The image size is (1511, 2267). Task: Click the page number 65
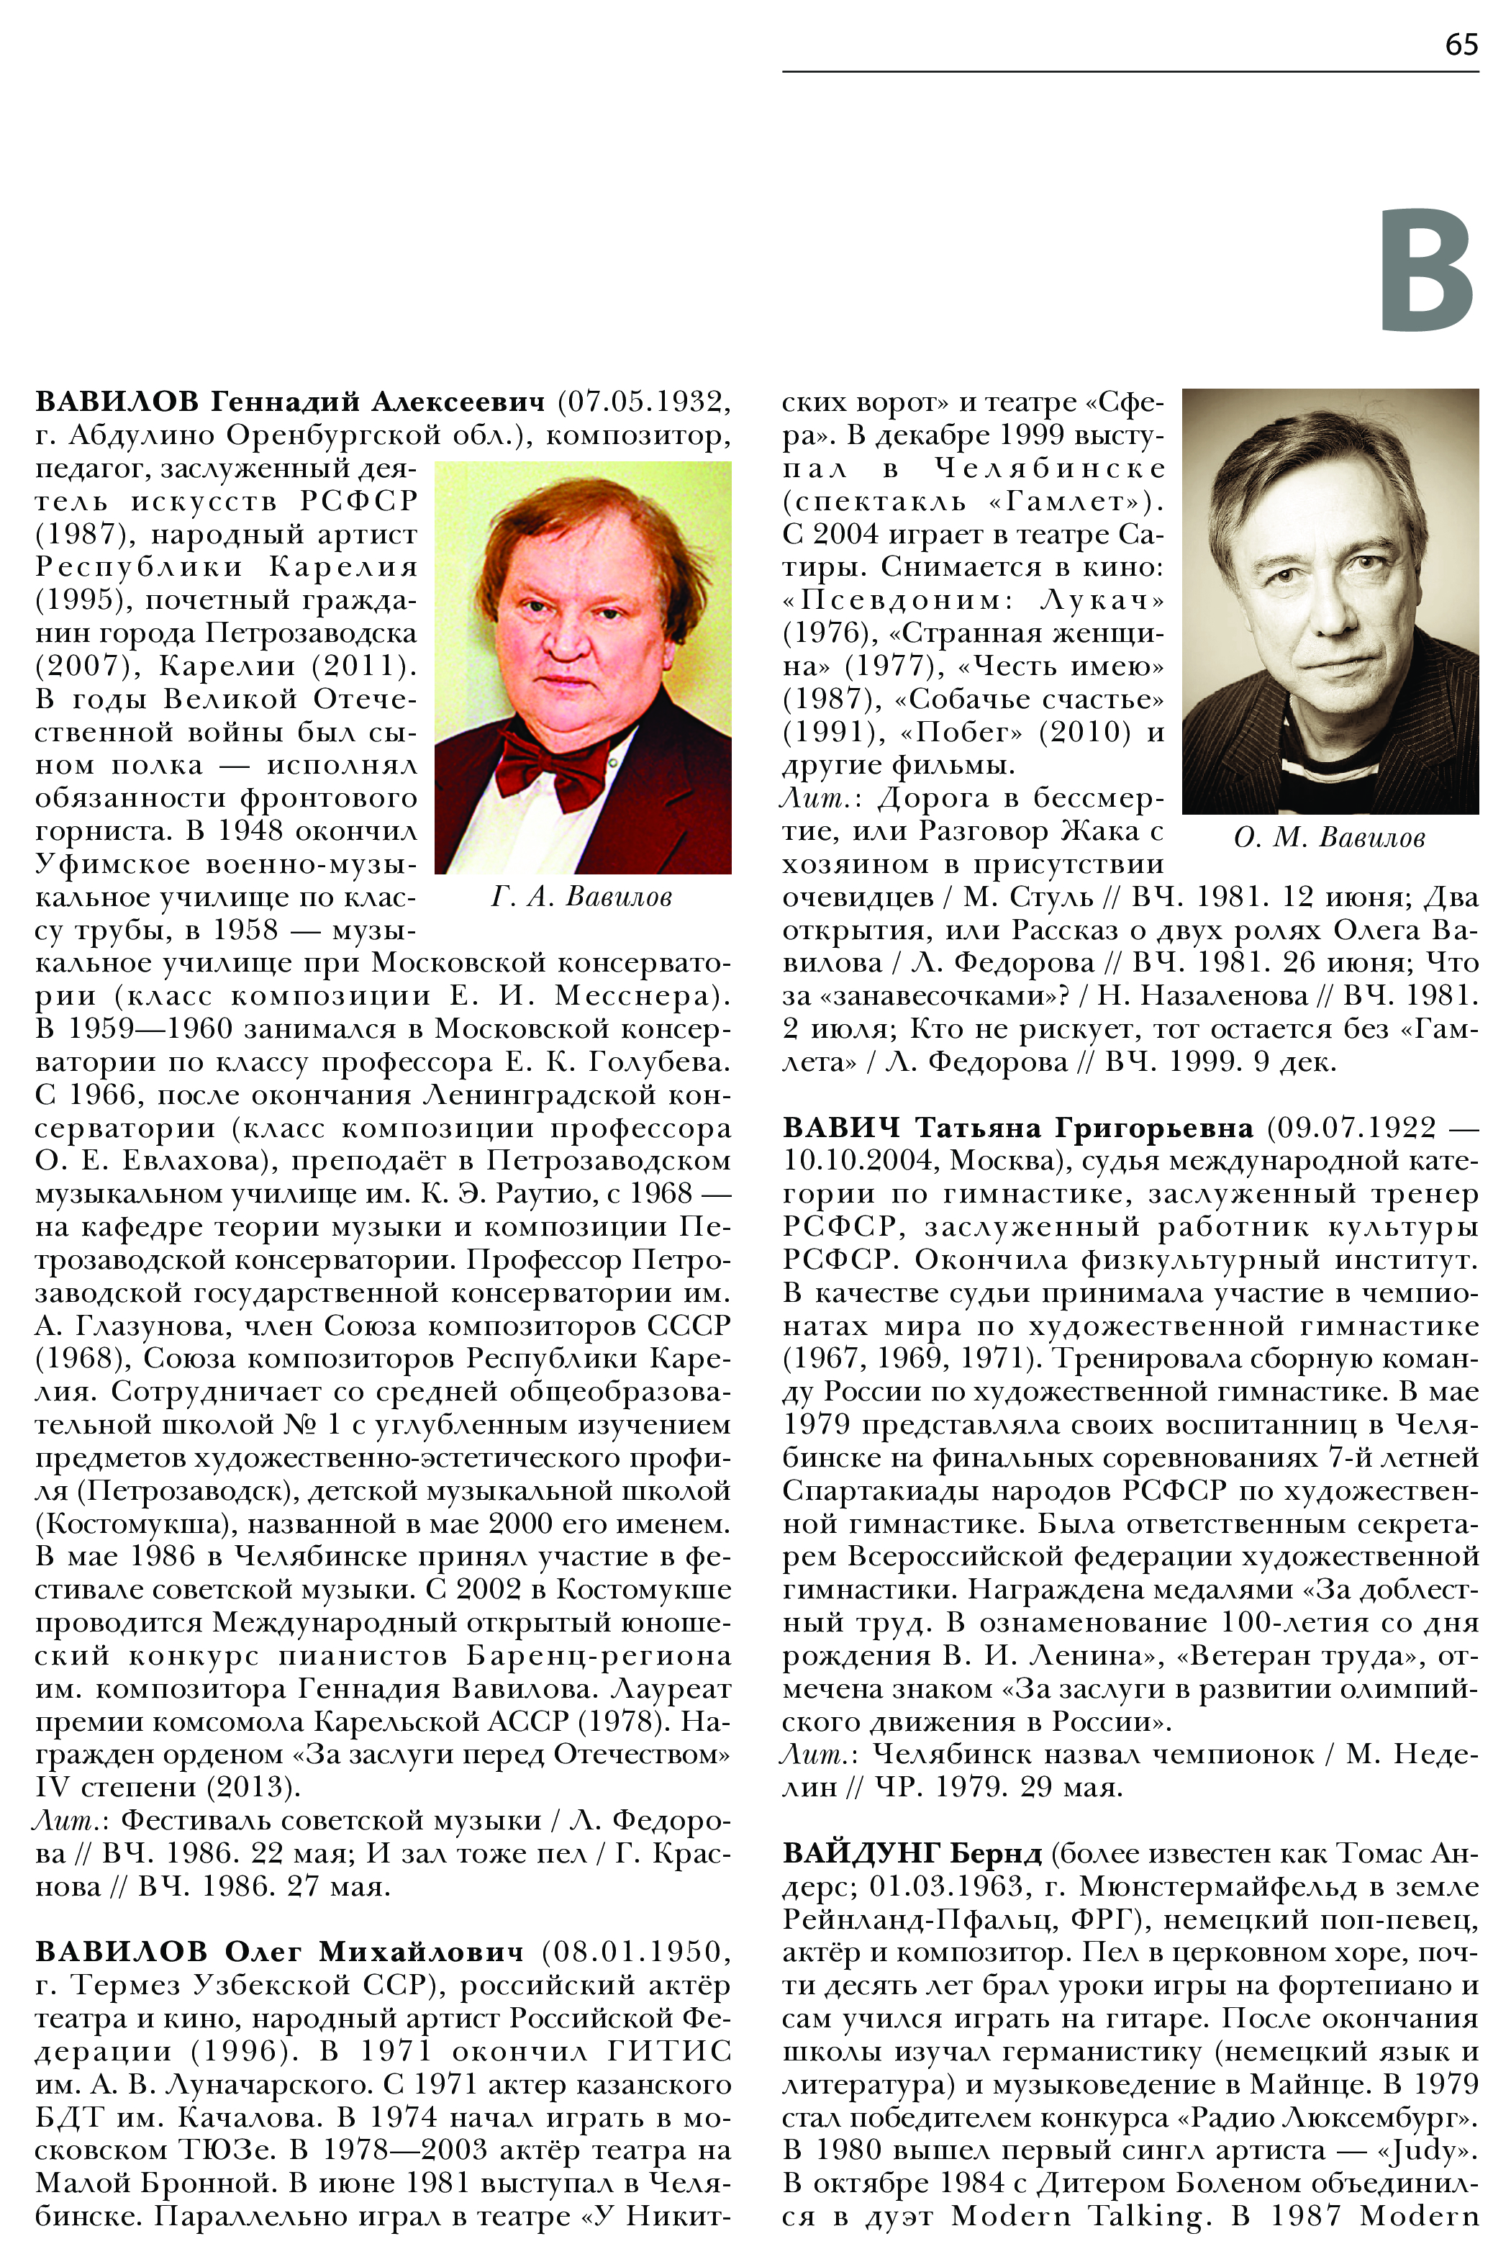point(1461,45)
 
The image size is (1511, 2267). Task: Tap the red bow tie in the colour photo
point(551,764)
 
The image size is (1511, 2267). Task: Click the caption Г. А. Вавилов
point(581,897)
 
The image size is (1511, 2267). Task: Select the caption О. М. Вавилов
point(1329,838)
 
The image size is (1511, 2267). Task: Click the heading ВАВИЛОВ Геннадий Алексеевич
point(290,401)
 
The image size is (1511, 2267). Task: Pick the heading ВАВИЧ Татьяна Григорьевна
point(1017,1127)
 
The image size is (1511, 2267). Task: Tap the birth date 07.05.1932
point(644,401)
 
